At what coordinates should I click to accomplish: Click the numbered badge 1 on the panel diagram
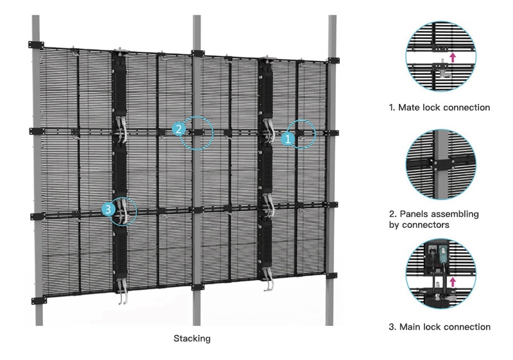(287, 139)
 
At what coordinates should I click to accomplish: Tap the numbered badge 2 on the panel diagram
(178, 128)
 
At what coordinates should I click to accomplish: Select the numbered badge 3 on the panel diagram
(108, 209)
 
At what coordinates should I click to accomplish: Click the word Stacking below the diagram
(192, 338)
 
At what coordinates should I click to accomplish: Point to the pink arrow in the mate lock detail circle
(453, 57)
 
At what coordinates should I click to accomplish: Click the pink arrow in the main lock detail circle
(453, 282)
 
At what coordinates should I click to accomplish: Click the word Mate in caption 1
(409, 107)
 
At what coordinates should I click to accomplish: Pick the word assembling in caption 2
(455, 214)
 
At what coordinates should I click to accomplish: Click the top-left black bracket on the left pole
(36, 44)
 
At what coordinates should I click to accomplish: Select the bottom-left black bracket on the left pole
(39, 300)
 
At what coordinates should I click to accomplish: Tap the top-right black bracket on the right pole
(333, 60)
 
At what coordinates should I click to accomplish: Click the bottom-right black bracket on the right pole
(331, 275)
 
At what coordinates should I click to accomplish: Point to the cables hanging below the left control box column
(122, 292)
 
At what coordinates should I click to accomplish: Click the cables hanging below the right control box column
(269, 279)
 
